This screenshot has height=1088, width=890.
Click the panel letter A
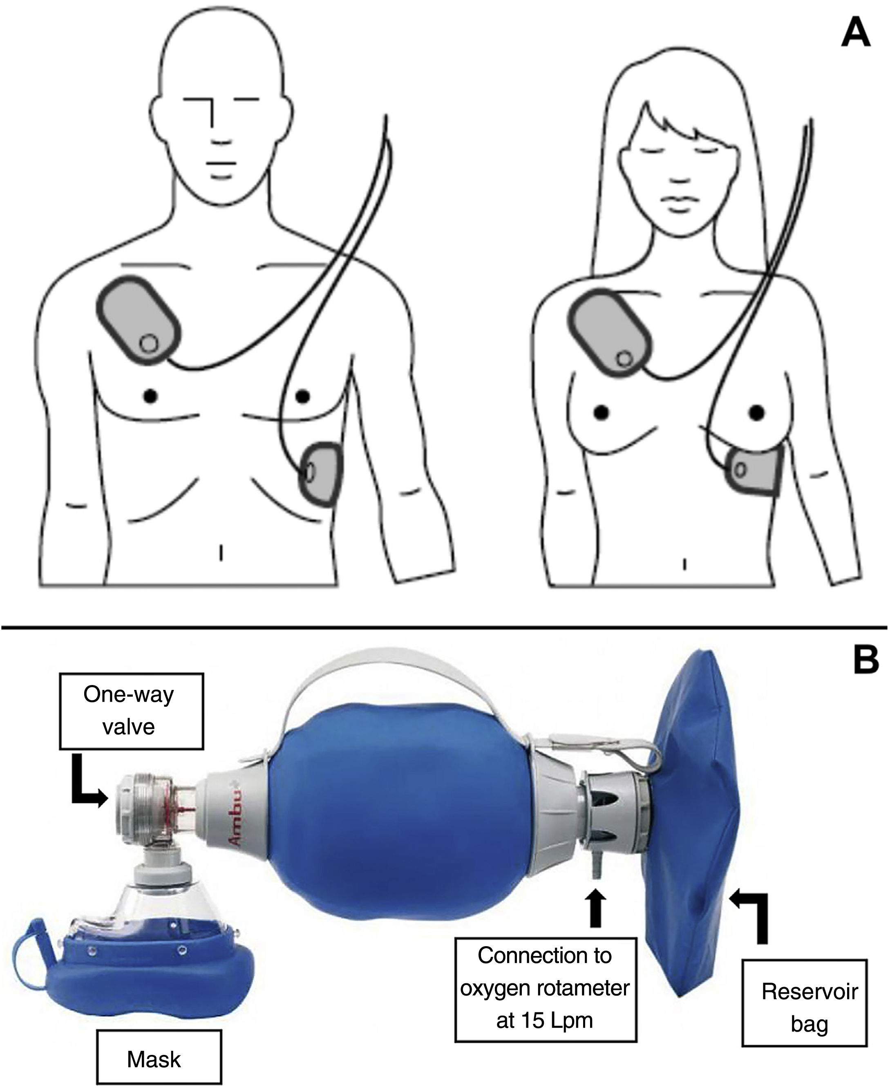point(856,34)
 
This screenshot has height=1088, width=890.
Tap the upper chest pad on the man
point(139,320)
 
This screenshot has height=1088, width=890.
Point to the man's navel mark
point(221,553)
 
